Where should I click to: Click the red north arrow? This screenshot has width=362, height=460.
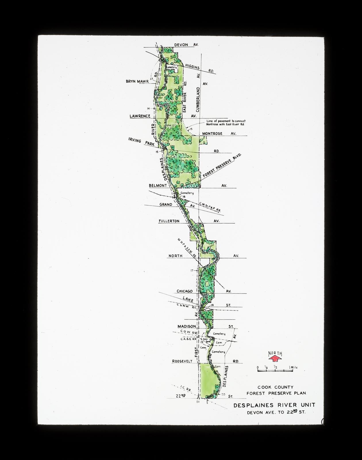275,358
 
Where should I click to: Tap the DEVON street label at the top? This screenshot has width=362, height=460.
181,45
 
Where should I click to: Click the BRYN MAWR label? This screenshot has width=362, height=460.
137,82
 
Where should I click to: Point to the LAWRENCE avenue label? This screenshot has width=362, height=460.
140,116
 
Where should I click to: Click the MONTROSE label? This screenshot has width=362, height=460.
212,134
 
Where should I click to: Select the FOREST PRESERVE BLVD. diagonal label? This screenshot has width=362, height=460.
222,165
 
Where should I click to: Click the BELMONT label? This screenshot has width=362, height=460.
158,186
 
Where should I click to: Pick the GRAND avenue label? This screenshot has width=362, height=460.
166,205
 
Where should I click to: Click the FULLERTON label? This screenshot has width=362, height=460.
169,221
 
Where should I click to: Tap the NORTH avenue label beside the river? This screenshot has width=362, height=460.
175,256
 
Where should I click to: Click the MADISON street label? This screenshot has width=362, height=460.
187,326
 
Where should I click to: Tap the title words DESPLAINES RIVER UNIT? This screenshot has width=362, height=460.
274,405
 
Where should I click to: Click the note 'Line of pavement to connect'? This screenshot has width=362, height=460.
226,121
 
